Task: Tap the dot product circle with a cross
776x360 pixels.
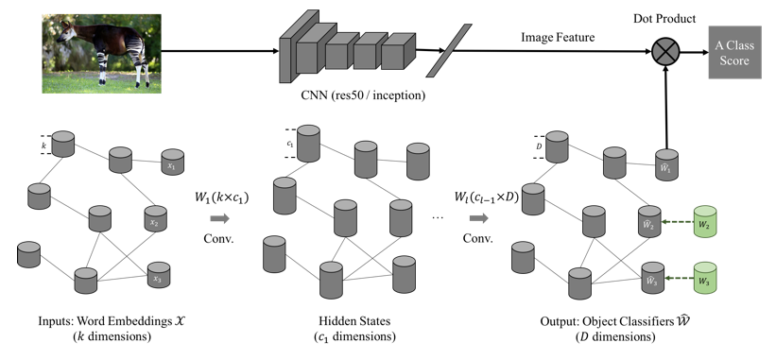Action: [x=667, y=54]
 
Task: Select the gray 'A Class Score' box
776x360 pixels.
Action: [x=733, y=54]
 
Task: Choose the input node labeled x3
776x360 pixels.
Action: [x=155, y=280]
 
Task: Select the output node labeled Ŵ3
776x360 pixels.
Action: [x=649, y=280]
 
